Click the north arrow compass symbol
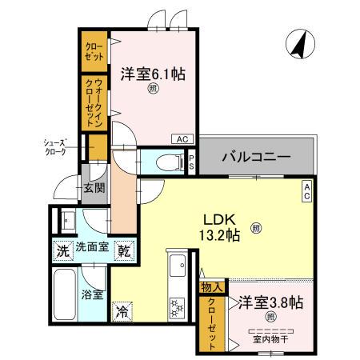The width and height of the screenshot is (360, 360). pos(298,45)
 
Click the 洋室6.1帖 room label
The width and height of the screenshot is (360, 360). pos(153,74)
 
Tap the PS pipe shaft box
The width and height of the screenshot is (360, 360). pos(192,160)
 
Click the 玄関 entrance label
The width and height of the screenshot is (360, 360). pos(93,189)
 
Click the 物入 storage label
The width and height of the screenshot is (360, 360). pos(211,286)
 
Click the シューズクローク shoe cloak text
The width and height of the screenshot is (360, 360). pos(58,146)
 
